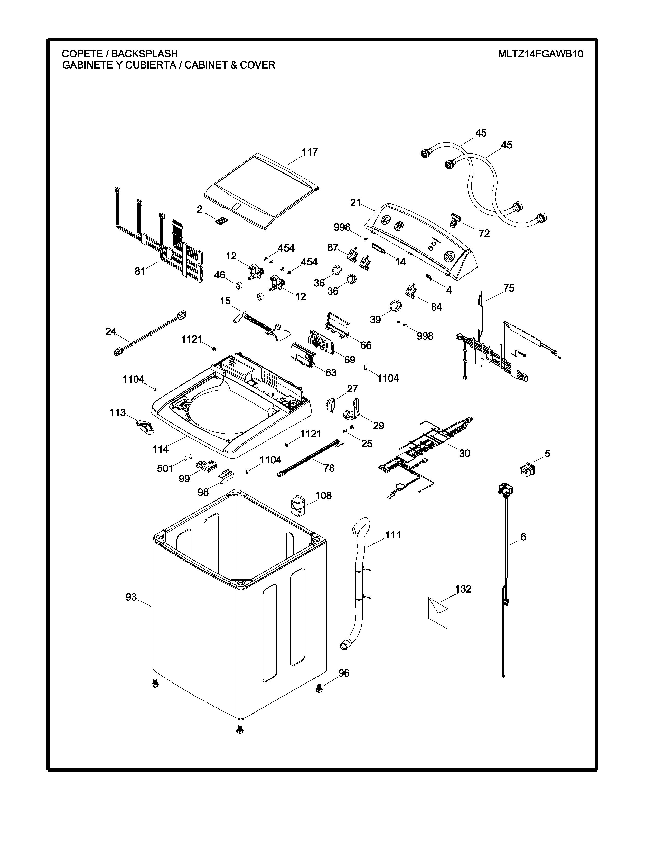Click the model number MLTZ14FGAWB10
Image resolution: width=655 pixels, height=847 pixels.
point(540,54)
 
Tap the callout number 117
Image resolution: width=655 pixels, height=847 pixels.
point(310,152)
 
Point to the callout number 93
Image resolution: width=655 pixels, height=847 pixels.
point(131,597)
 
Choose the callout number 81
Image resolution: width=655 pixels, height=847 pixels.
point(140,271)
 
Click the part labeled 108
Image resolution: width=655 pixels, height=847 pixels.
point(298,506)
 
